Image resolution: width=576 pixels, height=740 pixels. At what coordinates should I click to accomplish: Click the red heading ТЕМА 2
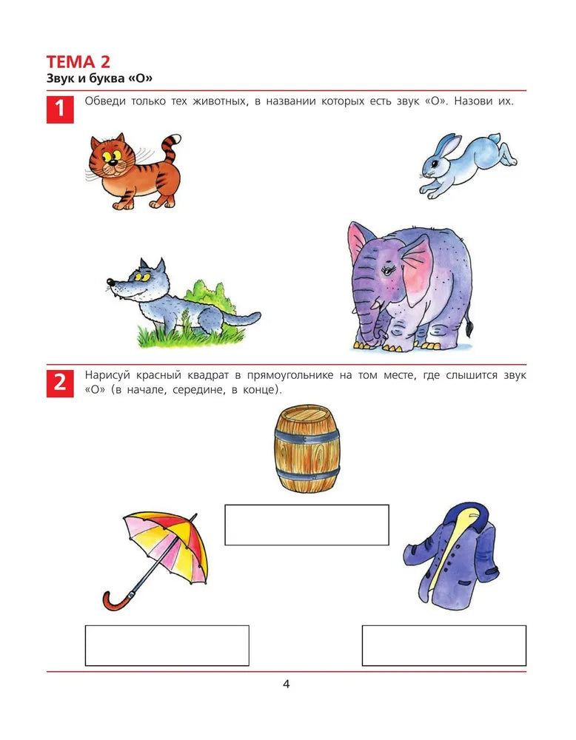click(x=78, y=62)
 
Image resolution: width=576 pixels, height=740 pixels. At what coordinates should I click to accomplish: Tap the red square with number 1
click(x=60, y=110)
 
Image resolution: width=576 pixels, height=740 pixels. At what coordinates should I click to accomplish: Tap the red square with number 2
click(x=60, y=383)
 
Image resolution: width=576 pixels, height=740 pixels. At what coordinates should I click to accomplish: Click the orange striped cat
click(x=135, y=171)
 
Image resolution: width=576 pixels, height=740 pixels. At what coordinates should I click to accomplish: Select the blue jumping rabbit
click(x=468, y=165)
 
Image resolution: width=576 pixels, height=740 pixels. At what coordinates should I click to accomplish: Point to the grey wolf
click(x=179, y=302)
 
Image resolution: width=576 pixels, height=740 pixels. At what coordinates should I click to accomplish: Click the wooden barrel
click(x=307, y=448)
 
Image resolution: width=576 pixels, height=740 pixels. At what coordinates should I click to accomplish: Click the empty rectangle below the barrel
click(x=307, y=525)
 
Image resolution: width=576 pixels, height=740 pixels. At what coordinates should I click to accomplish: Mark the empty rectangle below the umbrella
click(x=167, y=645)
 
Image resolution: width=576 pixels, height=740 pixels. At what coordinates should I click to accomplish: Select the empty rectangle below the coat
click(x=444, y=645)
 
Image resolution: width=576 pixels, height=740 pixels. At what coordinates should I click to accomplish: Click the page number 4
click(x=286, y=684)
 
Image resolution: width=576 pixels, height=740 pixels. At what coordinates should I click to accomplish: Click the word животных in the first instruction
click(x=220, y=101)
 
